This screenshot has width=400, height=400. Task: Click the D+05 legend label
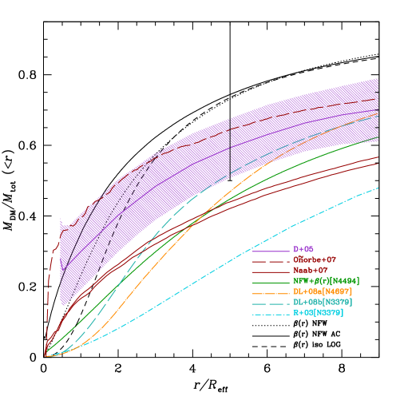pyautogui.click(x=303, y=250)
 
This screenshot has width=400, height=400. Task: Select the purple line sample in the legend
pyautogui.click(x=271, y=251)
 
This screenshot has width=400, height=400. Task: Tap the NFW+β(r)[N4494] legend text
pyautogui.click(x=326, y=281)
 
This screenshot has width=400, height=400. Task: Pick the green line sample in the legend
pyautogui.click(x=271, y=282)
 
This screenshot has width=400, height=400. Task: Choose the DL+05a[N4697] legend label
pyautogui.click(x=323, y=292)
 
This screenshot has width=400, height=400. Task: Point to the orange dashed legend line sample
pyautogui.click(x=271, y=293)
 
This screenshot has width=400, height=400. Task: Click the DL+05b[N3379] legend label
pyautogui.click(x=323, y=303)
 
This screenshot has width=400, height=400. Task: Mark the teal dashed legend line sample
pyautogui.click(x=271, y=303)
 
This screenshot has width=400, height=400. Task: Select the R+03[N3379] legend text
pyautogui.click(x=318, y=314)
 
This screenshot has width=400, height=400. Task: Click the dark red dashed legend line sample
pyautogui.click(x=271, y=261)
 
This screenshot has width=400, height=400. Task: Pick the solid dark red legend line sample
pyautogui.click(x=271, y=271)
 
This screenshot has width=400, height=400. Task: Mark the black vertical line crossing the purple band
pyautogui.click(x=231, y=148)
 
